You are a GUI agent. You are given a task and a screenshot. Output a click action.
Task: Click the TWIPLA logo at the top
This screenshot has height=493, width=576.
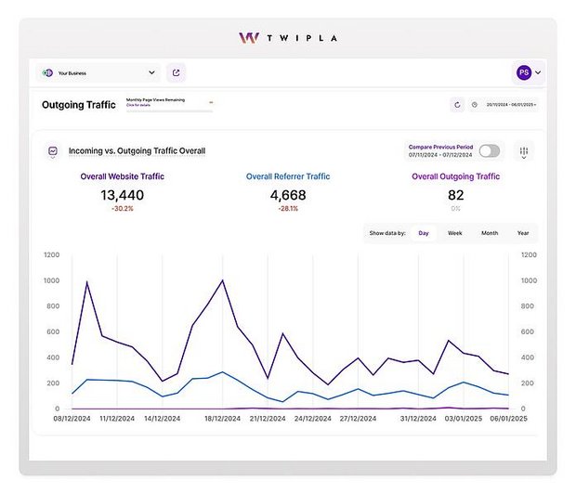pyautogui.click(x=287, y=38)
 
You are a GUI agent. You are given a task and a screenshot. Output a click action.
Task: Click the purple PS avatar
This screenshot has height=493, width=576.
pyautogui.click(x=524, y=72)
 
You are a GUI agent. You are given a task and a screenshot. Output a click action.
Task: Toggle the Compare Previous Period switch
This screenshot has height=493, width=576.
pyautogui.click(x=489, y=151)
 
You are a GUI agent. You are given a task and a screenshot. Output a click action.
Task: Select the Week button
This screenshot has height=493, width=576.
pyautogui.click(x=454, y=233)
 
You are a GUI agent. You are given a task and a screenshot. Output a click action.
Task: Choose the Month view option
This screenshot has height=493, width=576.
pyautogui.click(x=489, y=233)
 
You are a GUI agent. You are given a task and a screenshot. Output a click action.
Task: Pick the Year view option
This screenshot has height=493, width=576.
pyautogui.click(x=523, y=233)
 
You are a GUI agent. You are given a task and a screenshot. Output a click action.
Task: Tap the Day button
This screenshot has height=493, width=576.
pyautogui.click(x=424, y=233)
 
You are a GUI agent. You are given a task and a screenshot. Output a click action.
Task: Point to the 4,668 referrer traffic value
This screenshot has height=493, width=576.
pyautogui.click(x=287, y=195)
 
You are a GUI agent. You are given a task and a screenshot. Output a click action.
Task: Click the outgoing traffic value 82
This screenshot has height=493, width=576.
pyautogui.click(x=455, y=195)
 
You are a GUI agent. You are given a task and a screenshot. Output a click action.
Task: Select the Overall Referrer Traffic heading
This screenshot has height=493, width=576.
pyautogui.click(x=287, y=176)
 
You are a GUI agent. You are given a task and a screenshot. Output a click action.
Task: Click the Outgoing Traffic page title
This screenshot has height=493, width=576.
pyautogui.click(x=79, y=105)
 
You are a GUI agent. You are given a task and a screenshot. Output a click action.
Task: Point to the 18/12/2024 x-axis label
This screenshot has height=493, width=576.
pyautogui.click(x=222, y=419)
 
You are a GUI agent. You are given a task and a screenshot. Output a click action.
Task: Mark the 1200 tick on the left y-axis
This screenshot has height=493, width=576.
pyautogui.click(x=51, y=254)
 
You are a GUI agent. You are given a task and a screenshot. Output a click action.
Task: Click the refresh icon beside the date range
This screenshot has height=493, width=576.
pyautogui.click(x=457, y=105)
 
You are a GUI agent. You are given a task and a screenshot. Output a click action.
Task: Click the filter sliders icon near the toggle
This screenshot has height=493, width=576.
pyautogui.click(x=524, y=151)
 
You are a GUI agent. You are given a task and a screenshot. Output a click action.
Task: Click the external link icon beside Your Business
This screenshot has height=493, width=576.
pyautogui.click(x=176, y=72)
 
